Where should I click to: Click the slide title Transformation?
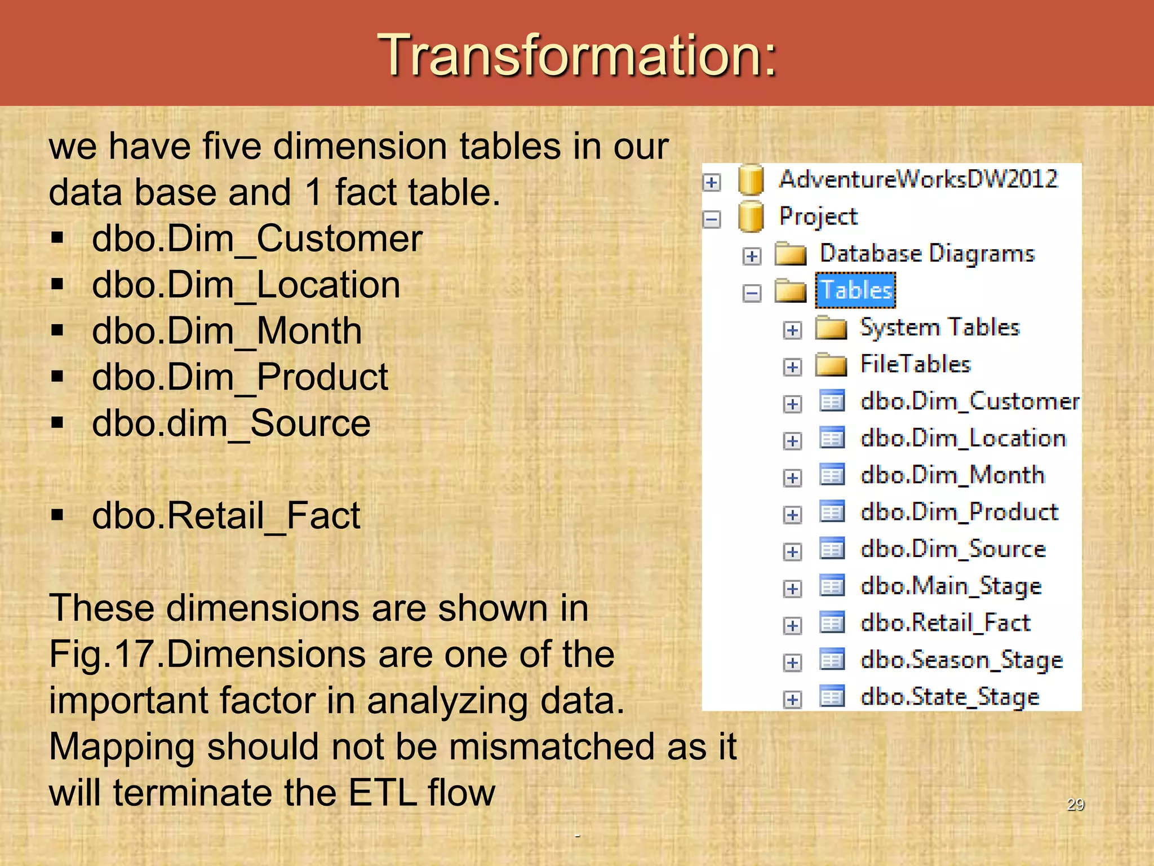577,55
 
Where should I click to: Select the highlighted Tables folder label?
855,290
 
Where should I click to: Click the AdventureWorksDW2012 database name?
918,179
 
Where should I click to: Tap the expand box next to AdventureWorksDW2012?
712,182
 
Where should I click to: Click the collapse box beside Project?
712,219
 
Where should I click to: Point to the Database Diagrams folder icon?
790,254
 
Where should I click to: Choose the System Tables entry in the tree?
940,328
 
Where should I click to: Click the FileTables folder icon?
831,365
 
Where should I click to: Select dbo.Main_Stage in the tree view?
951,586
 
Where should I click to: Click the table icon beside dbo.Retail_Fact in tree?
832,623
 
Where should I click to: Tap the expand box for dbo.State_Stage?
792,700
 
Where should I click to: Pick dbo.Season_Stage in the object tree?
961,660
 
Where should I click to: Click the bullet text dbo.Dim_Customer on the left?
257,238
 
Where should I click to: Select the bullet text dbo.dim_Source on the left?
231,423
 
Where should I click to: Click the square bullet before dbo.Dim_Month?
57,330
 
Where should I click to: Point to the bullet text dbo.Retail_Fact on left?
226,515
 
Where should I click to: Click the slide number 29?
1075,805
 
